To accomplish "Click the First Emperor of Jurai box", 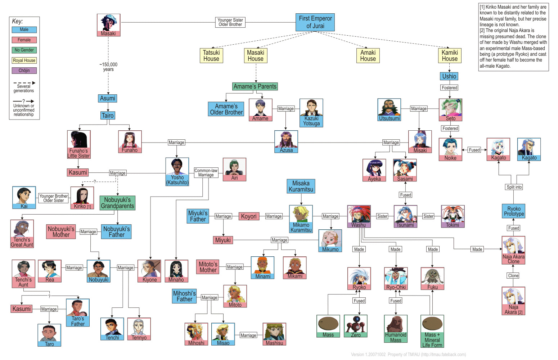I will click(x=315, y=22).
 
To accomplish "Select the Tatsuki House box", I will click(x=211, y=55).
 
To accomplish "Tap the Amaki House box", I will click(x=368, y=55).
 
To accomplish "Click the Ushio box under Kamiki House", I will click(x=449, y=76).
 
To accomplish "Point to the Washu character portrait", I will click(x=359, y=215).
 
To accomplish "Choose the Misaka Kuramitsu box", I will click(x=301, y=186).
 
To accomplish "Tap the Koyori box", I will click(x=249, y=216).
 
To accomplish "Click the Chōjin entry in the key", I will click(x=24, y=71).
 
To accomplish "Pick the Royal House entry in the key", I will click(x=24, y=60).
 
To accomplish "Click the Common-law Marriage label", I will click(x=206, y=173).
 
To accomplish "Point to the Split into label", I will click(x=514, y=187).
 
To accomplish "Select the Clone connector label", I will click(x=513, y=276).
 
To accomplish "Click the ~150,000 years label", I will click(x=108, y=67).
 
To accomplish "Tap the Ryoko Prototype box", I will click(x=514, y=211).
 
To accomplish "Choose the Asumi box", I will click(x=108, y=98).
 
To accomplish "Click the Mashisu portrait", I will click(x=274, y=333).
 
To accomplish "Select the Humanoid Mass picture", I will click(x=396, y=326).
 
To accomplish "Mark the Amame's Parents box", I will click(x=255, y=86).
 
